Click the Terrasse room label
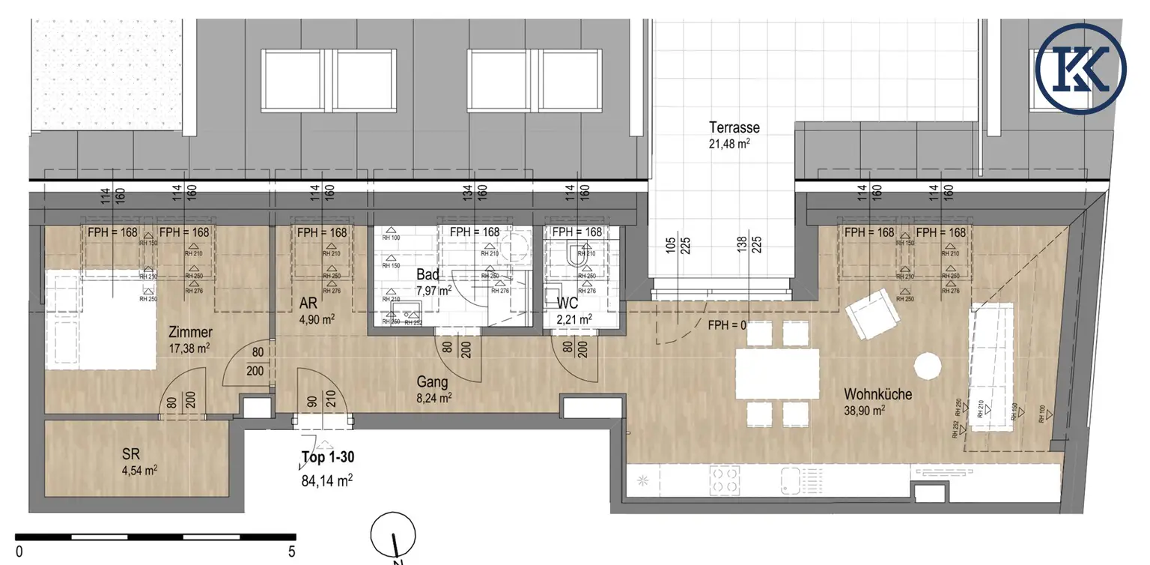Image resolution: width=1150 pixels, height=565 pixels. tap(734, 127)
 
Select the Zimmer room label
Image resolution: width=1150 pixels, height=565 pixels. tap(191, 332)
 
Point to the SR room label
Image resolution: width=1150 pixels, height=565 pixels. tap(131, 453)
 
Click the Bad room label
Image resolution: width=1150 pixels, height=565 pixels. tap(428, 274)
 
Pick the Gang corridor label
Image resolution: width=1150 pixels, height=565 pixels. tap(433, 382)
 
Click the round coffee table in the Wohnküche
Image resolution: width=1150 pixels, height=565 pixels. tap(927, 366)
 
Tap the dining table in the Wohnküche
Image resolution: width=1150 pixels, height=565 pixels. tap(778, 374)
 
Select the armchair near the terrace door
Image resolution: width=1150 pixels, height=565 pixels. tap(872, 315)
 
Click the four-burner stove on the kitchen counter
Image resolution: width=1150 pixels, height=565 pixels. tap(725, 480)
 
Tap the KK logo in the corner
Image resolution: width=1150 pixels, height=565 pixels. tap(1081, 67)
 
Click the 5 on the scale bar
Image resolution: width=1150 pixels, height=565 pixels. tap(291, 552)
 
